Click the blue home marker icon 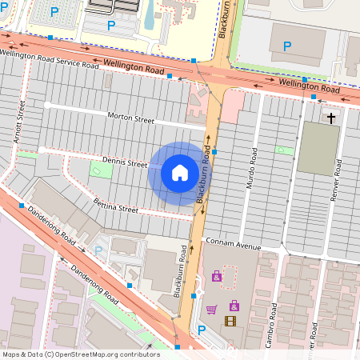click(x=180, y=172)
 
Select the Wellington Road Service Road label click(x=50, y=59)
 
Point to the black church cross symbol click(x=331, y=118)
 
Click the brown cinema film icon click(x=231, y=322)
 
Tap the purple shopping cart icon click(x=211, y=310)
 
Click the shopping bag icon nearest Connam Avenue click(x=216, y=277)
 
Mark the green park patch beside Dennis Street click(x=101, y=170)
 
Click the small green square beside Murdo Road click(x=281, y=150)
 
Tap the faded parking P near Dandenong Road click(x=98, y=251)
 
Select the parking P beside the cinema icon click(x=202, y=330)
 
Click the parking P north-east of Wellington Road click(x=286, y=46)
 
